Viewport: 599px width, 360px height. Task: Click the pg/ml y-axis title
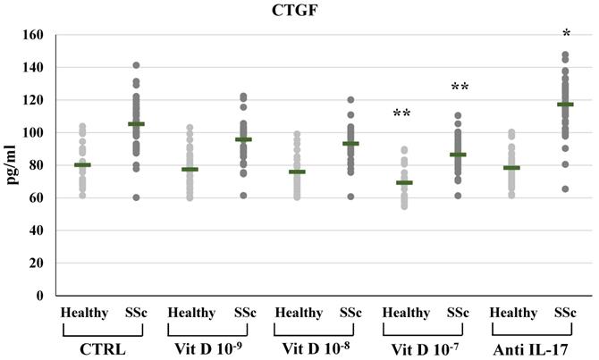(12, 165)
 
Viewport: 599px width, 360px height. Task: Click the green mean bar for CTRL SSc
(137, 124)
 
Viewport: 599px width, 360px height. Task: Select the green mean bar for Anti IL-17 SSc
(565, 105)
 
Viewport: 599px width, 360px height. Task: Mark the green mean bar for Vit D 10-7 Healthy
(404, 182)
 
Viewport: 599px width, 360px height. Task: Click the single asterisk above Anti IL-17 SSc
(565, 34)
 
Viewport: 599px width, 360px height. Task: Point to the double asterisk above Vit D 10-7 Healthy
(402, 113)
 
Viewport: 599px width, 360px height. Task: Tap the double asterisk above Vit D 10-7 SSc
(460, 87)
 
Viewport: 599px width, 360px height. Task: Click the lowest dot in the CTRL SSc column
(137, 197)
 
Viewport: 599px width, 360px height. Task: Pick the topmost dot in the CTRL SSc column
(137, 65)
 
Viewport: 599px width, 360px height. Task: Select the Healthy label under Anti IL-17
(512, 313)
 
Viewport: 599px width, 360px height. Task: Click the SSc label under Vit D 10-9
(245, 313)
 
